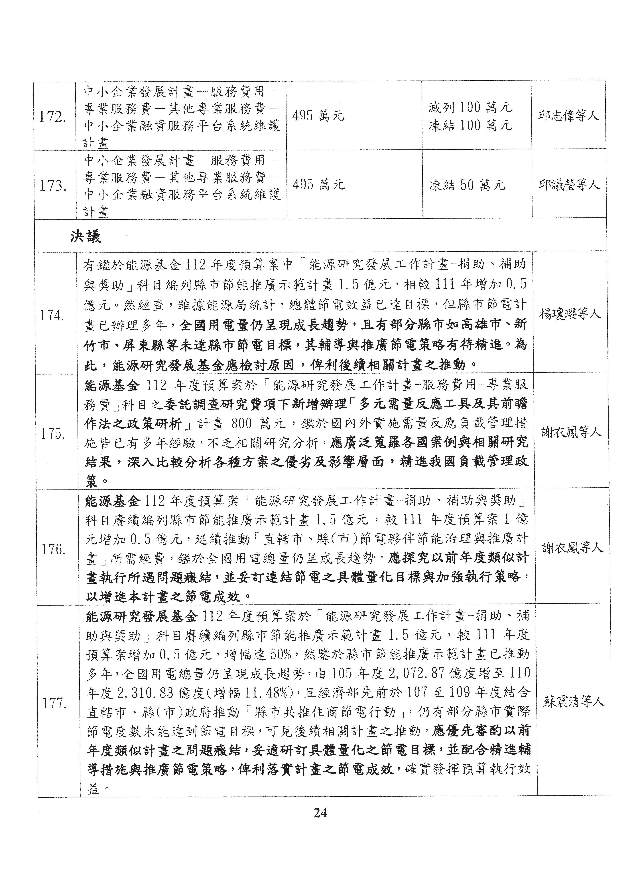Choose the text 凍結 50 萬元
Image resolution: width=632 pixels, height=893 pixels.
[467, 185]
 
